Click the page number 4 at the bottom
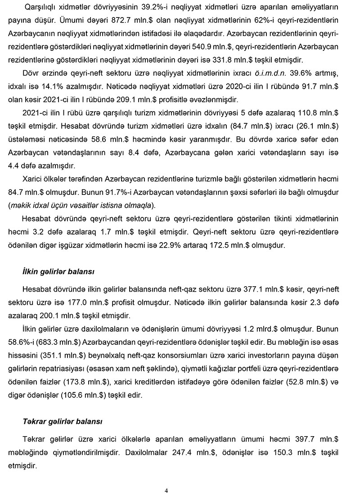point(166,490)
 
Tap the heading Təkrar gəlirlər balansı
point(63,422)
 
